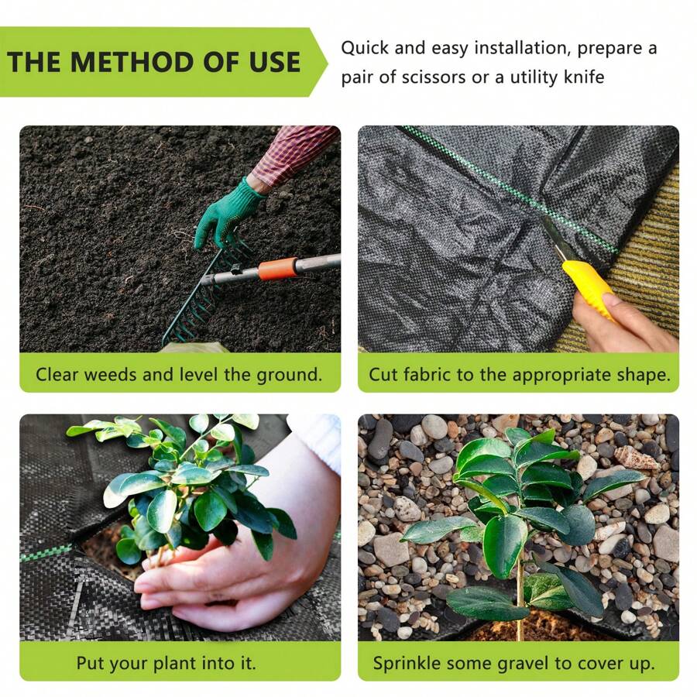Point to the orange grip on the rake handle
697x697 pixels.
(277, 269)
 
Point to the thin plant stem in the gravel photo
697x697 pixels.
(520, 596)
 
